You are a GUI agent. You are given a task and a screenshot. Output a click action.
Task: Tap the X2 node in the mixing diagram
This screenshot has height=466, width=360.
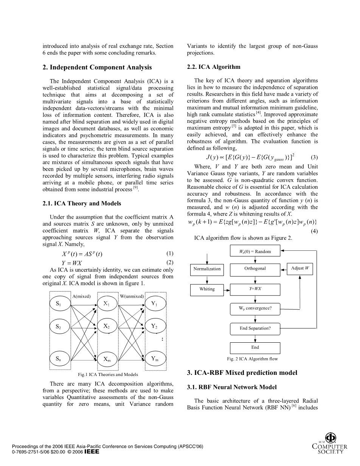(x=107, y=326)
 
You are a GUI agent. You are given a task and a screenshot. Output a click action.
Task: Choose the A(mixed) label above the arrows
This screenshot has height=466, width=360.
(x=81, y=296)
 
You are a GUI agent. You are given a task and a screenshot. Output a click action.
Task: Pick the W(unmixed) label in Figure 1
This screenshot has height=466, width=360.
(x=132, y=296)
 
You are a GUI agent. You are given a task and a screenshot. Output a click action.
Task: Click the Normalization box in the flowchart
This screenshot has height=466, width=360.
(x=207, y=269)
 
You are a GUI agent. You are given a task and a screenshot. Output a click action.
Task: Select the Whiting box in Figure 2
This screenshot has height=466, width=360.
(x=207, y=289)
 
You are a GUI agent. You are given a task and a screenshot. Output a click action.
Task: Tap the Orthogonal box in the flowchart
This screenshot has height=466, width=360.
(x=255, y=269)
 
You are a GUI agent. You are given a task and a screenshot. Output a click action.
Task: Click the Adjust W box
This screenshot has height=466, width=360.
(x=300, y=268)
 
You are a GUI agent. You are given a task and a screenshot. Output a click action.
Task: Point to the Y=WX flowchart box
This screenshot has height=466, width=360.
(x=255, y=289)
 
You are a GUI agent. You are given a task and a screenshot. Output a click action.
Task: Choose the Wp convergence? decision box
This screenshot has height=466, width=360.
(x=255, y=308)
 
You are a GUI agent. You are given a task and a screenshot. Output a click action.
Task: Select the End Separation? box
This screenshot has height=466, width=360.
(x=255, y=328)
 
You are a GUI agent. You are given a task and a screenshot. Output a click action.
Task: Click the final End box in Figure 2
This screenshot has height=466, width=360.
(x=255, y=348)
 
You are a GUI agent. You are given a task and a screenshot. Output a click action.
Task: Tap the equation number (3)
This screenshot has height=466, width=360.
(x=314, y=157)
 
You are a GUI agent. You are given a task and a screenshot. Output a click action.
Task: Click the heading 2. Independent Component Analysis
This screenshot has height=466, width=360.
(x=97, y=67)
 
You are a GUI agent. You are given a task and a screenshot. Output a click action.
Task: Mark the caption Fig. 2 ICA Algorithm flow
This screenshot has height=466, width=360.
(x=252, y=359)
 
